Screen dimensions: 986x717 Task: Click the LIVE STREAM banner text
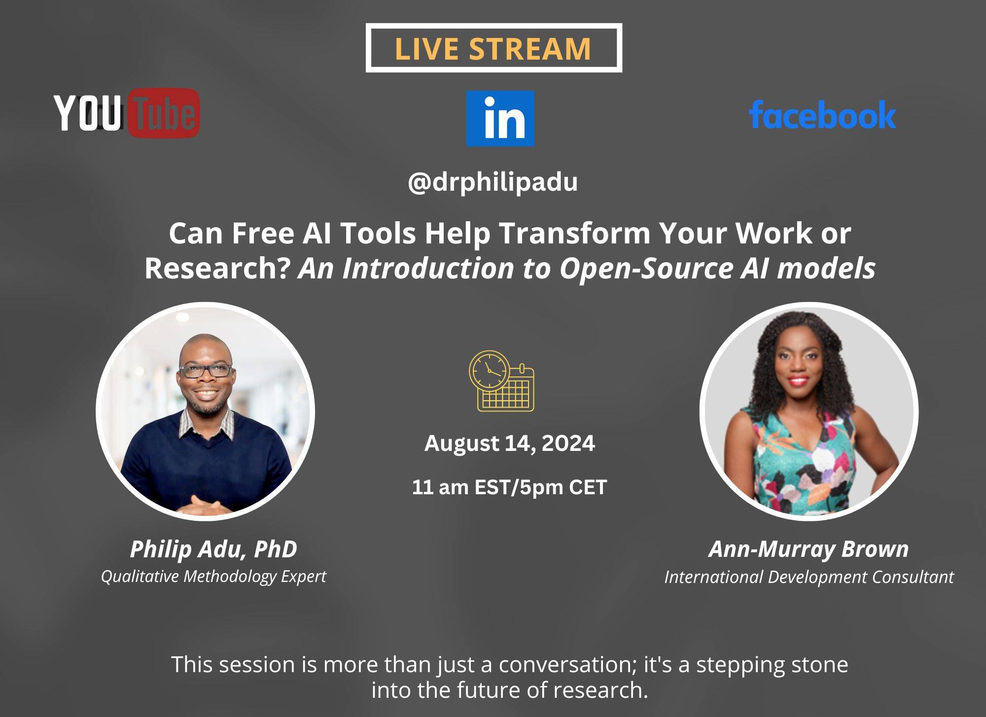coord(493,48)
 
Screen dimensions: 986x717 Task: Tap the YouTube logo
coord(127,113)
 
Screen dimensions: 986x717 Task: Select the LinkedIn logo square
coord(500,118)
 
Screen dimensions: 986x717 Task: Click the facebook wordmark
coord(822,114)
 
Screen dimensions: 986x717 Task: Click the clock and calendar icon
coord(501,381)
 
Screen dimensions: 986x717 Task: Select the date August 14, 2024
coord(510,444)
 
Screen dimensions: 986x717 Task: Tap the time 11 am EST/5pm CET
coord(509,487)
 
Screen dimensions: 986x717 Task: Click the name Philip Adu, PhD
coord(213,549)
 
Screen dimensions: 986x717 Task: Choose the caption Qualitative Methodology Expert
coord(213,577)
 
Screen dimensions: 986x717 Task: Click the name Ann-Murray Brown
coord(809,549)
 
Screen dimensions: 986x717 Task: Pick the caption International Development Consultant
coord(809,577)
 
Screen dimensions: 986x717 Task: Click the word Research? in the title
coord(216,269)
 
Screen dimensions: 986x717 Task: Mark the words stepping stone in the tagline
coord(772,665)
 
